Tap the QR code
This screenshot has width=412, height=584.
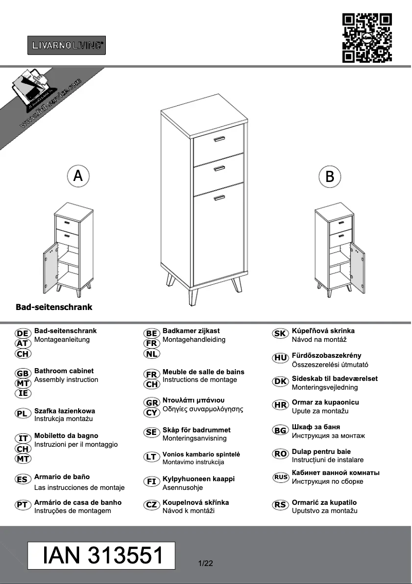click(367, 38)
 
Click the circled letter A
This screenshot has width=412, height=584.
click(78, 176)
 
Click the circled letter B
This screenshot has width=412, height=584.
click(330, 177)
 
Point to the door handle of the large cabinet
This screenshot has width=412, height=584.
click(219, 197)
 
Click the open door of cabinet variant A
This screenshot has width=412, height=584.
click(50, 267)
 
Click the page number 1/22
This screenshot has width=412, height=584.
click(205, 563)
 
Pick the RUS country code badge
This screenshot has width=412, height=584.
click(280, 477)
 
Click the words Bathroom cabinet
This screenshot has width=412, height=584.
click(64, 371)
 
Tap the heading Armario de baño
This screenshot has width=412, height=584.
click(62, 477)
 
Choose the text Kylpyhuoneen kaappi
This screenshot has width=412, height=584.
click(198, 479)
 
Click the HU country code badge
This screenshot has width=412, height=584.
click(280, 358)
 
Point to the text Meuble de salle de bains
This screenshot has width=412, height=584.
click(203, 372)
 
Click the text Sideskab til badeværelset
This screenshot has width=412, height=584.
click(334, 378)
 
